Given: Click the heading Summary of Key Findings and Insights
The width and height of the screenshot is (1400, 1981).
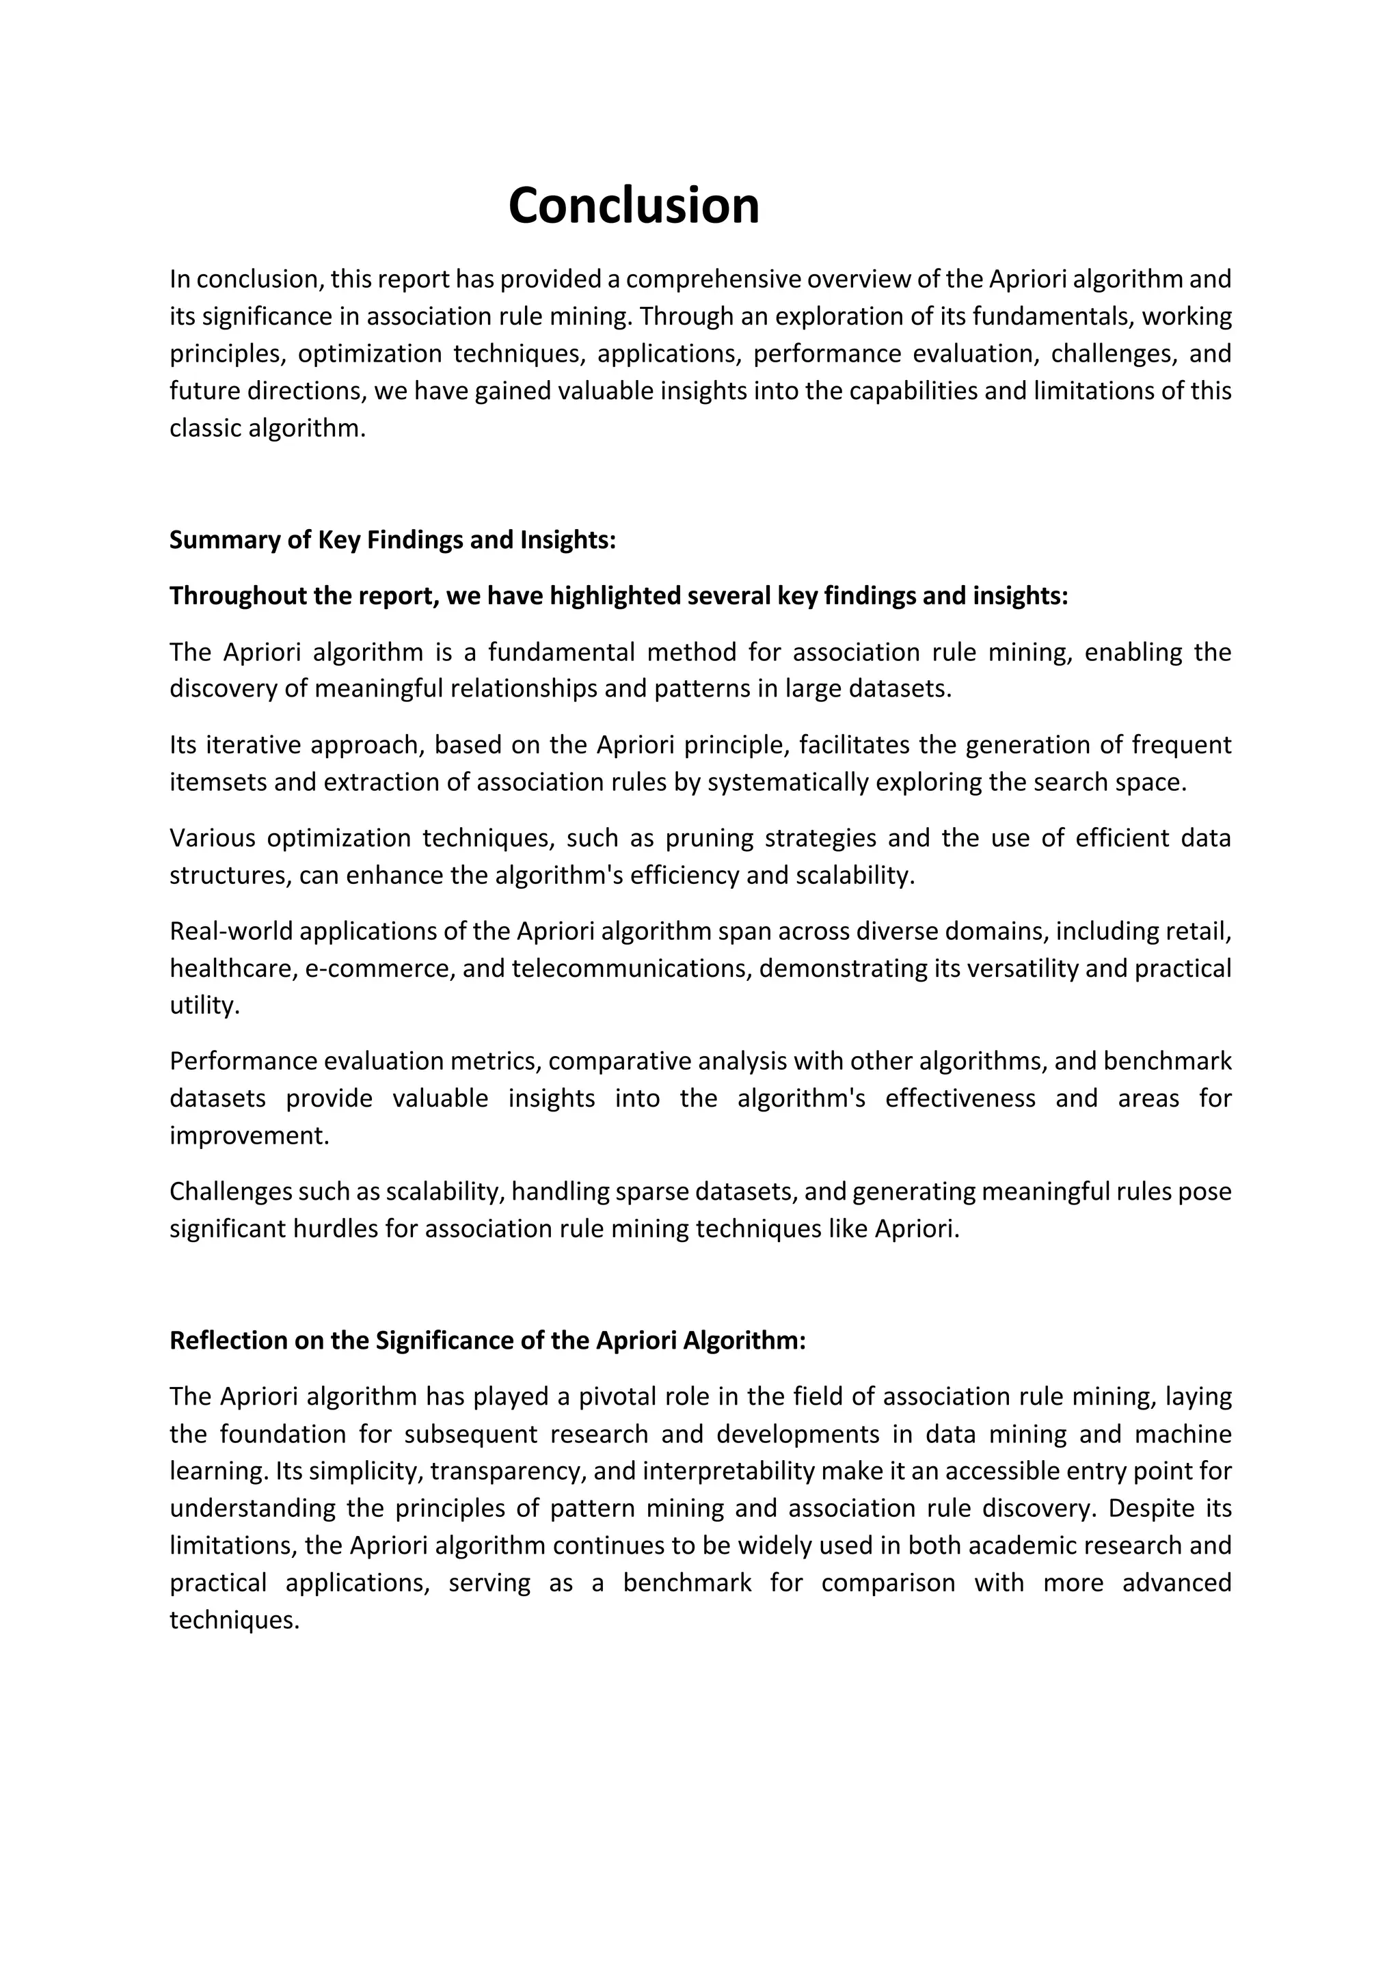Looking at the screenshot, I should (x=392, y=539).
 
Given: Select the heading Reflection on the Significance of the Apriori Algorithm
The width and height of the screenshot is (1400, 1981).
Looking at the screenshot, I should (x=487, y=1340).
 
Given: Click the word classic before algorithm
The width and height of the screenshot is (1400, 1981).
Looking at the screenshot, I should (x=205, y=428).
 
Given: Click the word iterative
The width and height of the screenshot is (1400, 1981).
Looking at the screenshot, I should (x=252, y=744).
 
